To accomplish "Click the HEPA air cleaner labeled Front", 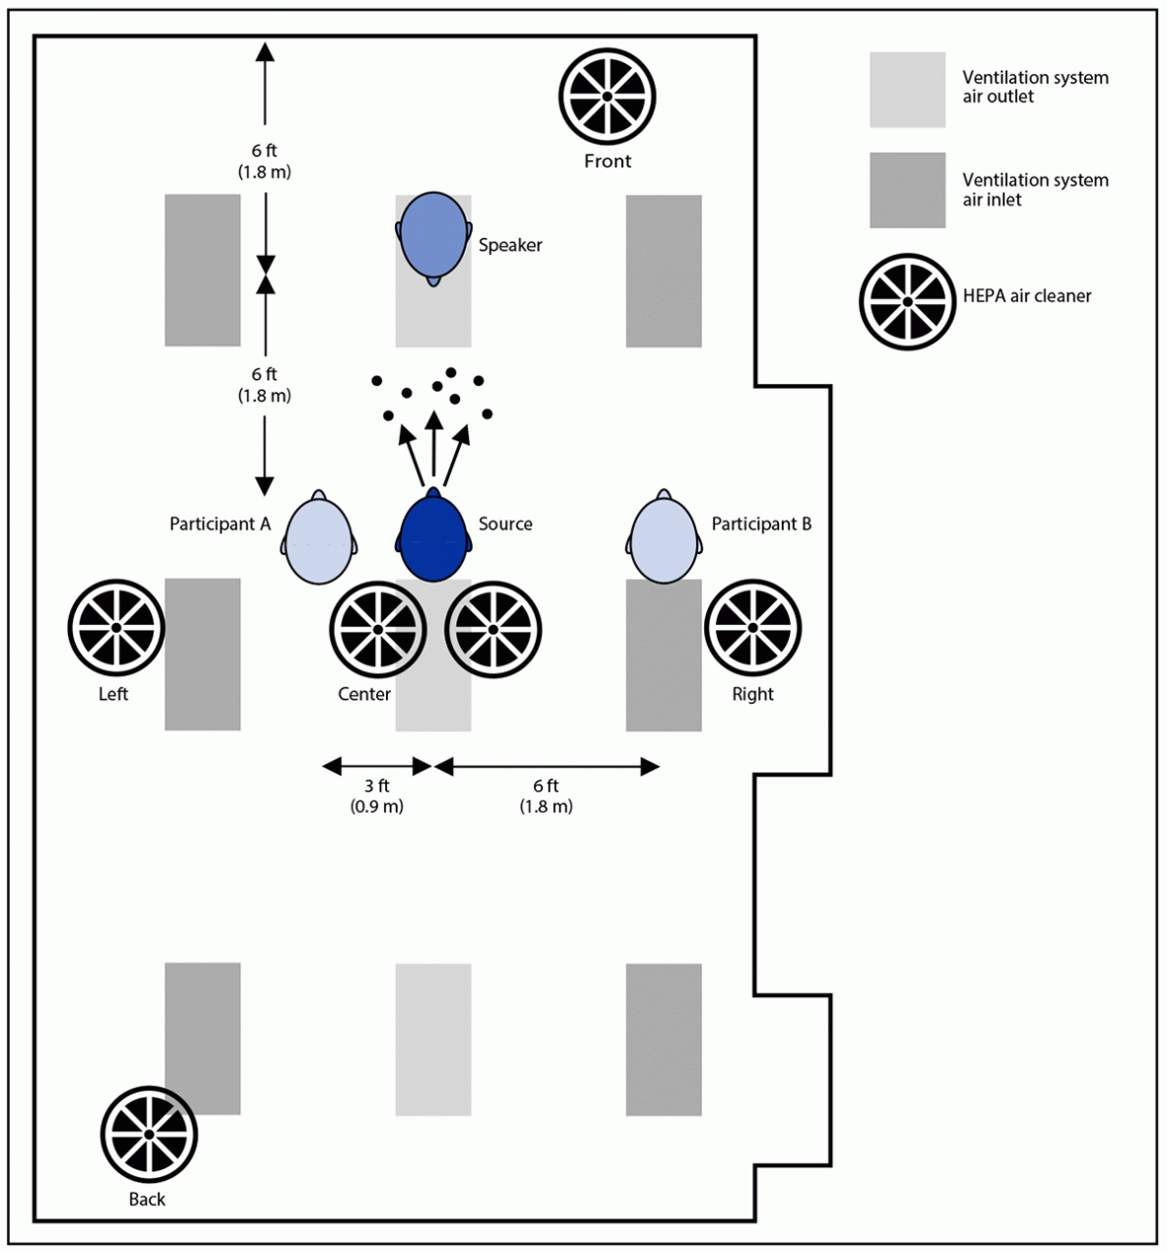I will pyautogui.click(x=607, y=95).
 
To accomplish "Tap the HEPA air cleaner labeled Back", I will pyautogui.click(x=149, y=1135).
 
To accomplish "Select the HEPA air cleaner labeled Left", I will pyautogui.click(x=115, y=628).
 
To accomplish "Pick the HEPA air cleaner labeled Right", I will pyautogui.click(x=752, y=628).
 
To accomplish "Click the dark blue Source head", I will pyautogui.click(x=432, y=539).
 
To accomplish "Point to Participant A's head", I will pyautogui.click(x=318, y=541).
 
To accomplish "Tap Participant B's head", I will pyautogui.click(x=664, y=540).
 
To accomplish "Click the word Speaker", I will pyautogui.click(x=510, y=245).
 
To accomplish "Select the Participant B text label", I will pyautogui.click(x=761, y=524).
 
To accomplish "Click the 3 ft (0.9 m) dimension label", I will pyautogui.click(x=376, y=795).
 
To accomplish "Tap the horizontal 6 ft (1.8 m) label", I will pyautogui.click(x=546, y=795).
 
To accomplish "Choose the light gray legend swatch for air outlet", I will pyautogui.click(x=907, y=90).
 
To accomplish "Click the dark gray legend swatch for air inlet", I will pyautogui.click(x=907, y=190).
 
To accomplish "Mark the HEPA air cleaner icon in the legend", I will pyautogui.click(x=907, y=301).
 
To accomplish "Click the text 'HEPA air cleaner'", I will pyautogui.click(x=1026, y=295).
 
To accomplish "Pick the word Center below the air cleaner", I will pyautogui.click(x=364, y=694).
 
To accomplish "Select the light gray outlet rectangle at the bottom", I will pyautogui.click(x=432, y=1038).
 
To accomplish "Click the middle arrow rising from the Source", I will pyautogui.click(x=432, y=448).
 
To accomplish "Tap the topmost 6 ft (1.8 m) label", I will pyautogui.click(x=264, y=160).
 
